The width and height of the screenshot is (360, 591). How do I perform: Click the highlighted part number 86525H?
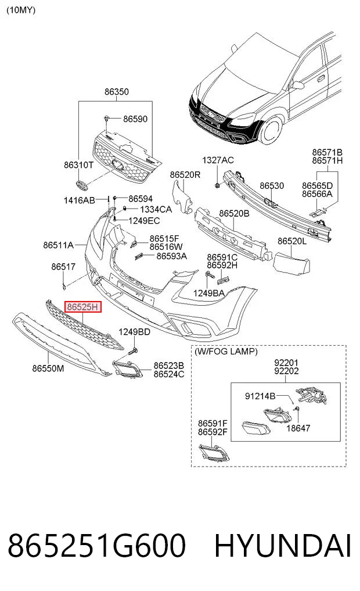click(82, 307)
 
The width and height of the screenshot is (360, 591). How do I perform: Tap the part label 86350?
click(116, 92)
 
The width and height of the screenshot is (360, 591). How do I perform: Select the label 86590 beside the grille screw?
click(135, 119)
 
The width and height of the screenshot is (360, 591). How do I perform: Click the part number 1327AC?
click(218, 160)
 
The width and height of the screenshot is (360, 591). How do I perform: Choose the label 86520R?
click(185, 174)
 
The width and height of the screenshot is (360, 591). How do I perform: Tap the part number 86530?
click(272, 185)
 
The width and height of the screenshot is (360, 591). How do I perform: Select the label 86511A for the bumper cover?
click(58, 245)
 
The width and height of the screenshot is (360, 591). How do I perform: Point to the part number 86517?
click(63, 267)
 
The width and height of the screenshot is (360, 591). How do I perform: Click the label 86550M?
click(48, 368)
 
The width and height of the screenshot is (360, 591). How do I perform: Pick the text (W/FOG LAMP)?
click(226, 351)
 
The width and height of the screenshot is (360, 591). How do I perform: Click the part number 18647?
click(298, 428)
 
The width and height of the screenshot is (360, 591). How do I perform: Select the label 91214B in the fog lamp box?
click(260, 396)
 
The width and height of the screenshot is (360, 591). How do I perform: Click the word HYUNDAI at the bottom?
click(283, 546)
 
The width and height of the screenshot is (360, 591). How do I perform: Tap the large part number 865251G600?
click(97, 546)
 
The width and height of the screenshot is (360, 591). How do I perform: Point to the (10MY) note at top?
click(21, 10)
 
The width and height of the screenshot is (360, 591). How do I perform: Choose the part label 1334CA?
click(156, 209)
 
